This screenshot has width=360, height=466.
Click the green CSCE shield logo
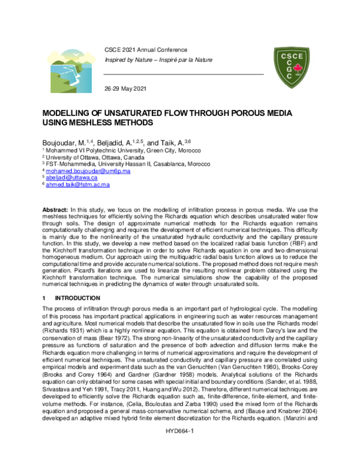coord(295,64)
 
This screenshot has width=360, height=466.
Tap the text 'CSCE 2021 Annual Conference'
coord(145,49)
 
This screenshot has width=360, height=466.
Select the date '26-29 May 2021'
coord(125,89)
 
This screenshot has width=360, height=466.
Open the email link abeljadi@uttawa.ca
coord(72,178)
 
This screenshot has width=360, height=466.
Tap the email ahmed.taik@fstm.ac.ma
coord(77,185)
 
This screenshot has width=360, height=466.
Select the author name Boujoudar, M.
coord(63,142)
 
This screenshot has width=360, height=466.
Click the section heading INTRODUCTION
coord(78,298)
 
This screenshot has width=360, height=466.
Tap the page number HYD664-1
coord(179,449)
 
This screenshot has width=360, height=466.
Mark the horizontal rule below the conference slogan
coord(183,74)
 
